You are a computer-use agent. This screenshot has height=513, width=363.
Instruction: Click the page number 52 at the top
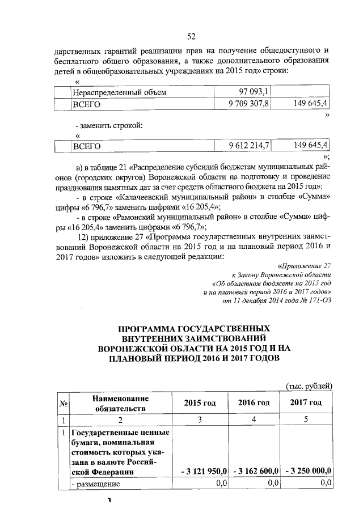(191, 37)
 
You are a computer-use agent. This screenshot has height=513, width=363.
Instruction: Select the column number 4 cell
(254, 420)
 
